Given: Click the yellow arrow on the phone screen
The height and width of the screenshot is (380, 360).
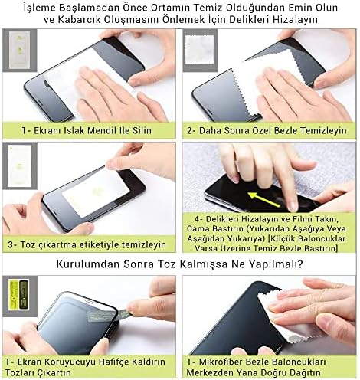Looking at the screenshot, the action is coord(263,199).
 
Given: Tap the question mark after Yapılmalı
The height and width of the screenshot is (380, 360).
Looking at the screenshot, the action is coord(300,264).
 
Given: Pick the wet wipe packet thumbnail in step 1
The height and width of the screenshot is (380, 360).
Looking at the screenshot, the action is coord(19,50).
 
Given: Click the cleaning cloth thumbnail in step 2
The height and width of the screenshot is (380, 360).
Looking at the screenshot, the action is coord(200,50).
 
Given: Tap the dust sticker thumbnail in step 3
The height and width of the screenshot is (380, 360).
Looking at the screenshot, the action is coord(20,165).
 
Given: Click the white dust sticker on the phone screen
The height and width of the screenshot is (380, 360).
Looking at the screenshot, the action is coord(97,192).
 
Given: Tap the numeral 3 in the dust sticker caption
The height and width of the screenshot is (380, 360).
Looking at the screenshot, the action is coord(10,245).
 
